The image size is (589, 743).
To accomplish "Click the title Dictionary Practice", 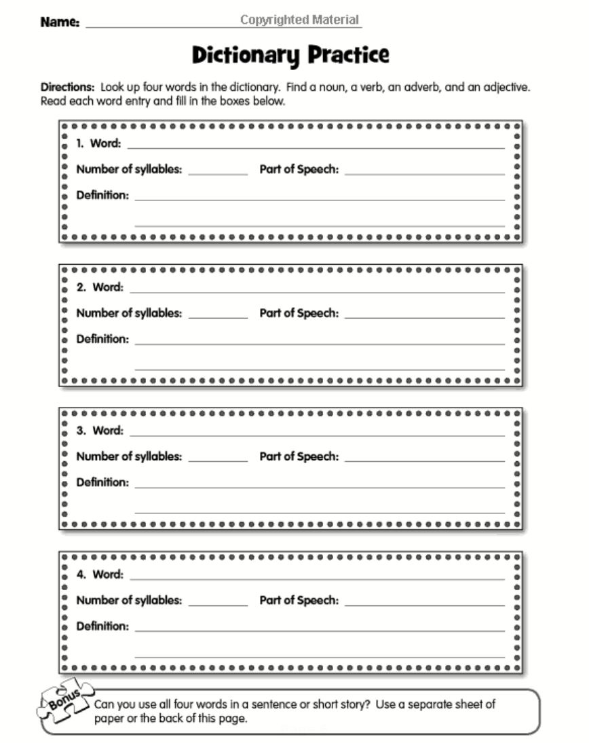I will [x=290, y=55].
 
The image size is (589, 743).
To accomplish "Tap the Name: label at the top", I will [x=60, y=22].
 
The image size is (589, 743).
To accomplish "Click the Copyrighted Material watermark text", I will [x=299, y=20].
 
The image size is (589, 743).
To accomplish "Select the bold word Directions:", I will [x=67, y=88].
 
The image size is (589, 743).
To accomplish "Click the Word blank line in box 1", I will [x=316, y=147].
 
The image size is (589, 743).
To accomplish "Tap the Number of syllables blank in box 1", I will [x=218, y=174].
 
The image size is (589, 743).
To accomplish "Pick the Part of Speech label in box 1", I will [x=299, y=169].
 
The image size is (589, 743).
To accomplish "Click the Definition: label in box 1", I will [x=102, y=195].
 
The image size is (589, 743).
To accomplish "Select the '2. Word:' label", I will [x=100, y=287].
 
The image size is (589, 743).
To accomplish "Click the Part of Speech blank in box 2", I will [x=425, y=317].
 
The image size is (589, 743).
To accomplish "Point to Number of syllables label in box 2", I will [x=129, y=313].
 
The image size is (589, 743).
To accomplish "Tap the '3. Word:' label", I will [x=100, y=431].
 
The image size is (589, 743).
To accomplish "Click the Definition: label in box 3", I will [x=102, y=482].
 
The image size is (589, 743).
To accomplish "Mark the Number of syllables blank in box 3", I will [x=218, y=461].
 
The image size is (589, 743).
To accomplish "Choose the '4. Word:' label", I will [x=100, y=575].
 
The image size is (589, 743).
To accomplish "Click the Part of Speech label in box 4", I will [x=299, y=600].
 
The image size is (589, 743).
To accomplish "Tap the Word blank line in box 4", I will [x=318, y=579].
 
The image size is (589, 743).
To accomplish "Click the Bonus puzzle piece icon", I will [x=63, y=700].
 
